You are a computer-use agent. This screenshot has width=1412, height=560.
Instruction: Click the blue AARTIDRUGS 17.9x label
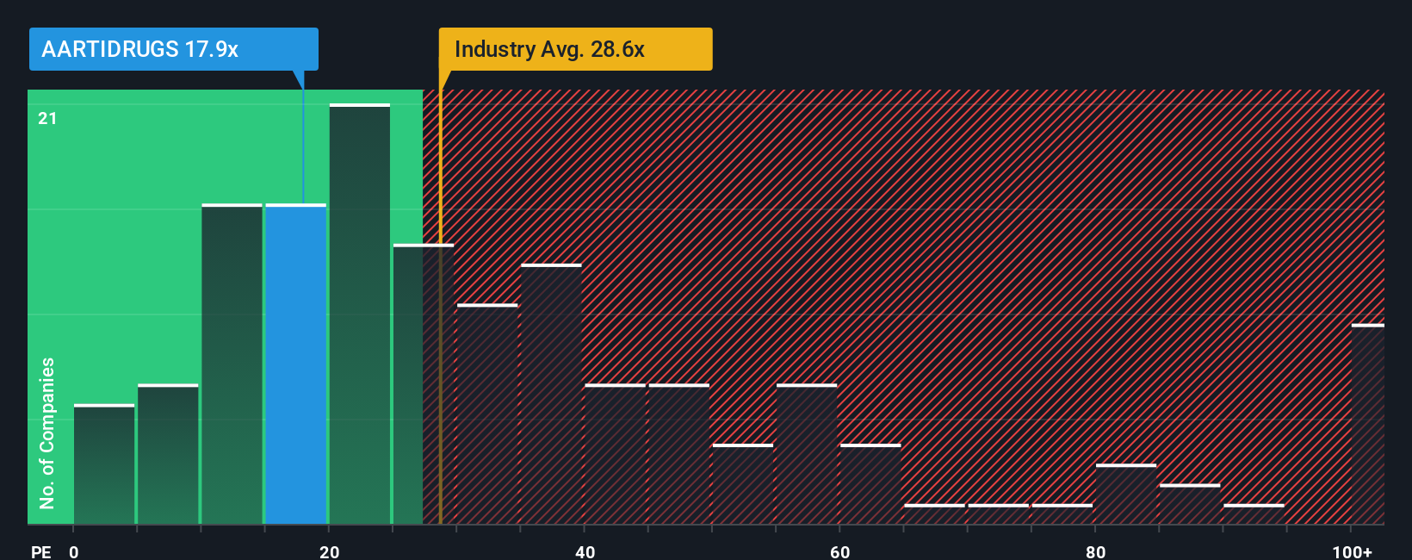pyautogui.click(x=173, y=49)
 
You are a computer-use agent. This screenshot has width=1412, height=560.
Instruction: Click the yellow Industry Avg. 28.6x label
pyautogui.click(x=575, y=49)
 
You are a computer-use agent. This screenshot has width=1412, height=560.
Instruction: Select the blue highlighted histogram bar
pyautogui.click(x=296, y=364)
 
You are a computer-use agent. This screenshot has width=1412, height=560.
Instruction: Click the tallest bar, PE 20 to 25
pyautogui.click(x=360, y=314)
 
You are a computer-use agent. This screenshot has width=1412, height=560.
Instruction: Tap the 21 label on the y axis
pyautogui.click(x=47, y=118)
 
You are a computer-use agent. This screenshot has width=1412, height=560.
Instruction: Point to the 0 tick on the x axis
pyautogui.click(x=74, y=551)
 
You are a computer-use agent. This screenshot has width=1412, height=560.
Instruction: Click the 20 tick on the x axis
pyautogui.click(x=330, y=551)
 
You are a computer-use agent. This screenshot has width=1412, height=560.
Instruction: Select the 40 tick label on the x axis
pyautogui.click(x=585, y=551)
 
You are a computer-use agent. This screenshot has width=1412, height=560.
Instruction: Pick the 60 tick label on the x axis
pyautogui.click(x=840, y=551)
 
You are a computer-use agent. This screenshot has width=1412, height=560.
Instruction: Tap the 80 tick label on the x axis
pyautogui.click(x=1095, y=551)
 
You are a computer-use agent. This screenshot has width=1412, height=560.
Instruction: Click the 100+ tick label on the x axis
pyautogui.click(x=1352, y=551)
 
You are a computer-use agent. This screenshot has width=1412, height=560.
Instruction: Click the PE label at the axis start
pyautogui.click(x=40, y=551)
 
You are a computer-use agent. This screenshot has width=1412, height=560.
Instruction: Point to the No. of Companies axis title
pyautogui.click(x=47, y=432)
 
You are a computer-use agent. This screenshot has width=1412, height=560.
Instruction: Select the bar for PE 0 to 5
pyautogui.click(x=104, y=464)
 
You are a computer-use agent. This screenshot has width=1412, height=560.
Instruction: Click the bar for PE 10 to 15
pyautogui.click(x=232, y=364)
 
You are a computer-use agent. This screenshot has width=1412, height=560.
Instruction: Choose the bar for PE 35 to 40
pyautogui.click(x=552, y=395)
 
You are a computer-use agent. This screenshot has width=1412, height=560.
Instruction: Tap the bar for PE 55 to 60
pyautogui.click(x=807, y=454)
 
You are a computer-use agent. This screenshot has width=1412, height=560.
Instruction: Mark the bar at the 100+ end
pyautogui.click(x=1367, y=425)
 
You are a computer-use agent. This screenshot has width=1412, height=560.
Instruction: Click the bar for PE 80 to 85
pyautogui.click(x=1126, y=495)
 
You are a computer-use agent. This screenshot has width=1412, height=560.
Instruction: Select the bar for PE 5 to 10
pyautogui.click(x=168, y=454)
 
